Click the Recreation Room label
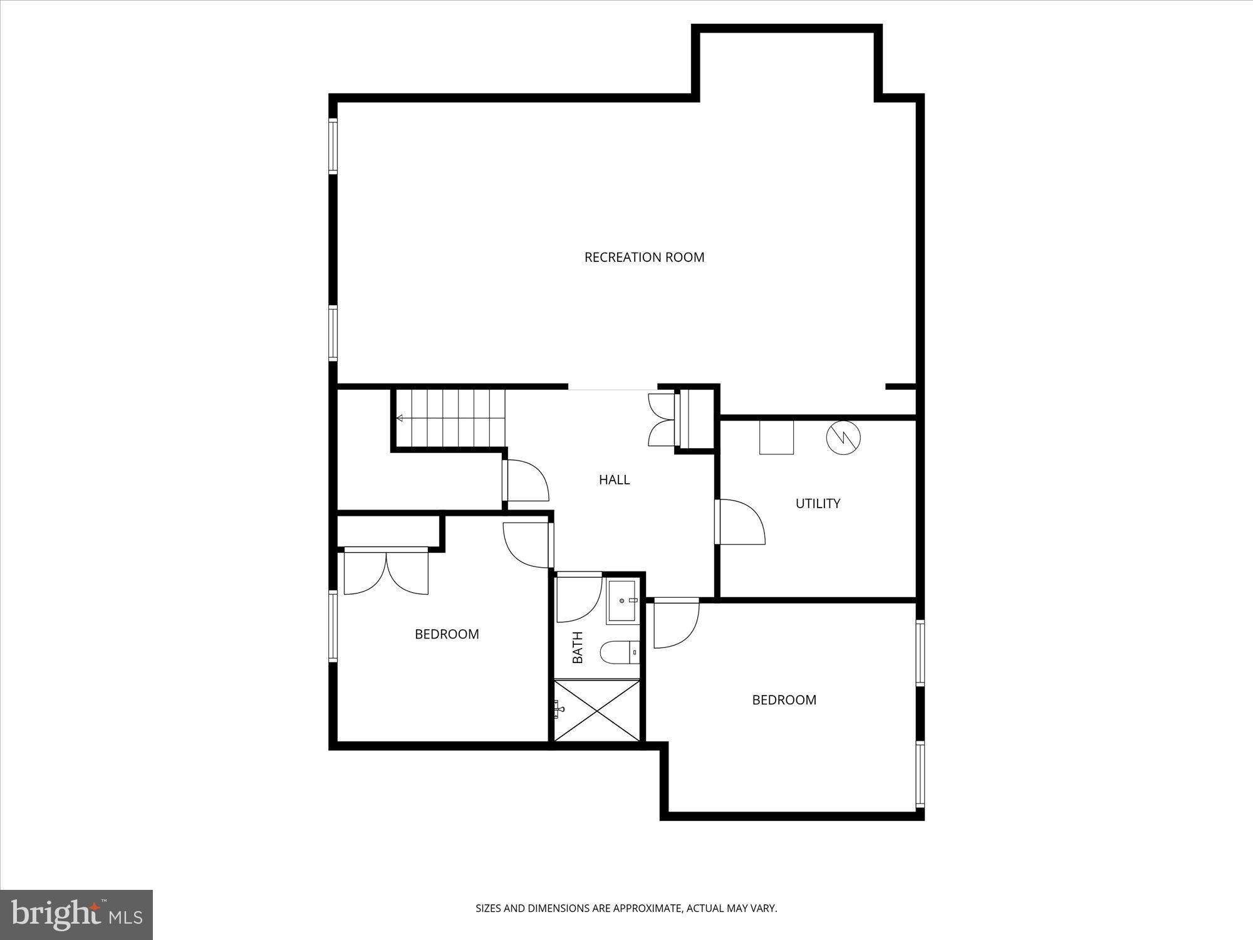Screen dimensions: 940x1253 coord(644,257)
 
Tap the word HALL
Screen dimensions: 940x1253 coord(614,480)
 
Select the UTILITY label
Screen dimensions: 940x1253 coord(818,503)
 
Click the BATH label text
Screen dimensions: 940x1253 coord(578,647)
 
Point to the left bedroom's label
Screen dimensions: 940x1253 coord(447,634)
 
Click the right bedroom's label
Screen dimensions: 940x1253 coord(784,700)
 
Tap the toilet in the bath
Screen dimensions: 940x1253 coord(619,653)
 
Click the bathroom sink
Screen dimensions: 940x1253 coord(622,602)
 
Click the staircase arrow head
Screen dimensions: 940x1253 coord(399,418)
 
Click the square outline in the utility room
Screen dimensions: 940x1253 coord(776,437)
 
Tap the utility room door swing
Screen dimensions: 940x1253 coord(741,522)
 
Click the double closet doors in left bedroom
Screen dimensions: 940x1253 coord(387,572)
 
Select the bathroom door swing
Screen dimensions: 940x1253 coord(578,598)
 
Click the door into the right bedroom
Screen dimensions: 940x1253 coord(675,624)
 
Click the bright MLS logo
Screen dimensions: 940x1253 coord(76,914)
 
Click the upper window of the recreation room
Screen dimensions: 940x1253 coord(333,145)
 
